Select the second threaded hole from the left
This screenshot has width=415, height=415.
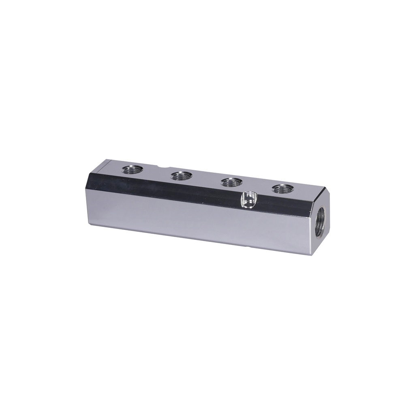(181, 175)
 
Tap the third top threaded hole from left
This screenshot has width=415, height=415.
(231, 182)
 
